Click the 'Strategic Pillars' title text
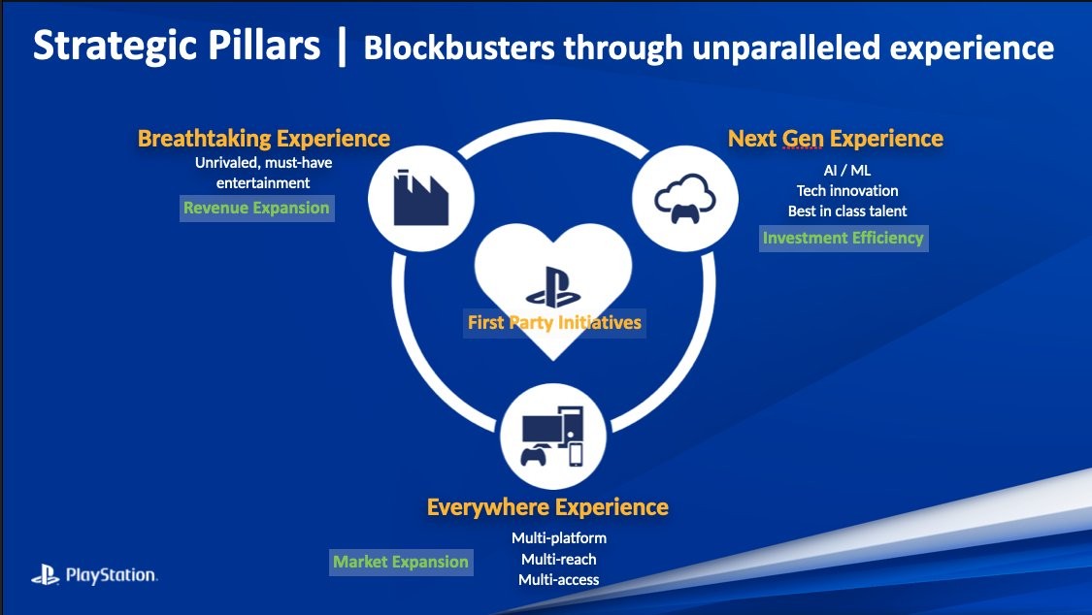(x=177, y=46)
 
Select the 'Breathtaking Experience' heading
(x=264, y=139)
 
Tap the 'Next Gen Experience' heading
(x=836, y=139)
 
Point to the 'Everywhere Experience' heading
(x=547, y=507)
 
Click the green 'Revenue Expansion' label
(x=257, y=208)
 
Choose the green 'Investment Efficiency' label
(x=844, y=238)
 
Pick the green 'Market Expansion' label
(x=401, y=562)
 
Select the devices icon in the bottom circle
(x=553, y=437)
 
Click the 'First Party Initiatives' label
(x=554, y=323)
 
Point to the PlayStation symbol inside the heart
(x=553, y=287)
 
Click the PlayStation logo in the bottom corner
(x=95, y=574)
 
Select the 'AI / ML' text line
(x=846, y=171)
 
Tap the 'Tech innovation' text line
(x=847, y=191)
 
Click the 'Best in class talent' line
(x=847, y=210)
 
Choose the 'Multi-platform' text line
(x=559, y=538)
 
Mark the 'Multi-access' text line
(x=559, y=579)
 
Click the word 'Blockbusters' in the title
(x=459, y=48)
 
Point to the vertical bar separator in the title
(x=342, y=46)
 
